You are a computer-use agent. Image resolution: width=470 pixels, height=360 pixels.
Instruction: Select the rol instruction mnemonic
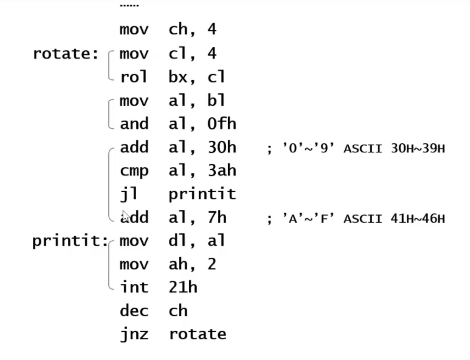click(x=134, y=77)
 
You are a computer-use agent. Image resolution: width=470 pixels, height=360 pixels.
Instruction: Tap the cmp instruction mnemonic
click(x=134, y=171)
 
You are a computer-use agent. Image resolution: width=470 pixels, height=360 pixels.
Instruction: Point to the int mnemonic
click(x=134, y=288)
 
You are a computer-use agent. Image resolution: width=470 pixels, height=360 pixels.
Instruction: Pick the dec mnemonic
click(x=134, y=311)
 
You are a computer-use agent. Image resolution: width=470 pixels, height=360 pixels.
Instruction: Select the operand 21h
click(x=183, y=288)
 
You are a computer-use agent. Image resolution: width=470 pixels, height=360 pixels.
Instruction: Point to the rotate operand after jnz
click(x=197, y=335)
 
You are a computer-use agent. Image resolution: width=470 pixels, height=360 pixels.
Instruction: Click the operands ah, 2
click(x=193, y=265)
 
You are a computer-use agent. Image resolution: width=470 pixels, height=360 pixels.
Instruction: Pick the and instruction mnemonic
click(x=134, y=124)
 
